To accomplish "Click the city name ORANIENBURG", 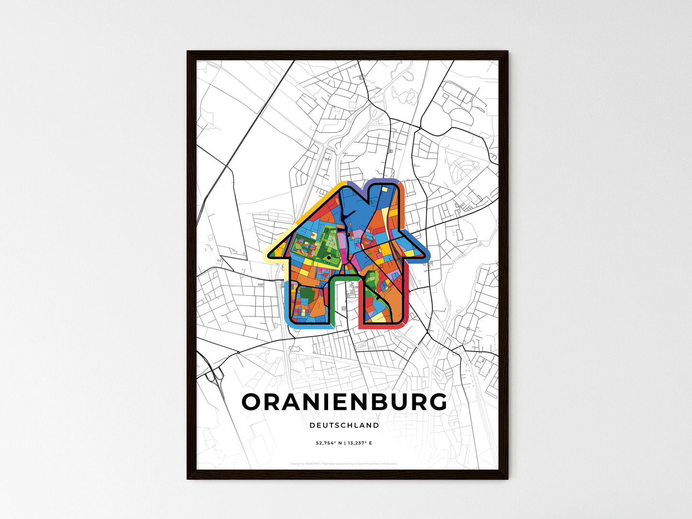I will tap(344, 402).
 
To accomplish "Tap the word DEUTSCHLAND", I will tap(344, 425).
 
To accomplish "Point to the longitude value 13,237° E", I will tap(360, 443).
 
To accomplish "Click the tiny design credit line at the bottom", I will tap(344, 463).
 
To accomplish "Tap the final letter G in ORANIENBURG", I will tap(437, 402).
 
